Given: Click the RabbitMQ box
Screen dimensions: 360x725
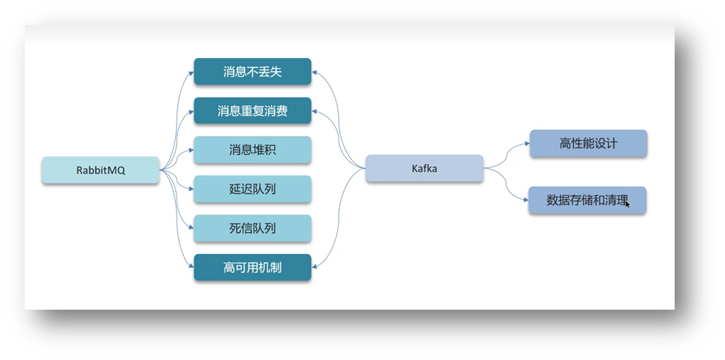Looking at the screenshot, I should [x=101, y=170].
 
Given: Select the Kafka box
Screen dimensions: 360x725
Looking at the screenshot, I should [x=424, y=168].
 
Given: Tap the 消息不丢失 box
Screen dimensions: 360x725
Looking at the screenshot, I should [x=253, y=71].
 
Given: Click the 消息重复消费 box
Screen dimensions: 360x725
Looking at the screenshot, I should [x=253, y=111].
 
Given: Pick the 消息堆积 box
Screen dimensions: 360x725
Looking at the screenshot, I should [x=253, y=150].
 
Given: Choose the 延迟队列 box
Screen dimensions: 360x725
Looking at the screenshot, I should [x=253, y=189].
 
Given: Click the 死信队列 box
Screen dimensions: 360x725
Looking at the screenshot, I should [x=253, y=228].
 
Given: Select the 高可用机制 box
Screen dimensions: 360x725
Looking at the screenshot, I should [x=253, y=268].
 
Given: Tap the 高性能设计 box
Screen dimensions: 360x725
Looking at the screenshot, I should [x=588, y=144].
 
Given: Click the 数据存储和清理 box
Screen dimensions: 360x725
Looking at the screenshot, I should [x=587, y=200].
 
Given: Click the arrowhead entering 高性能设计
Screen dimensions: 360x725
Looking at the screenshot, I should [x=526, y=144].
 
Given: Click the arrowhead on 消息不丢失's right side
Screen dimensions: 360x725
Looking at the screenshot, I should [x=315, y=71].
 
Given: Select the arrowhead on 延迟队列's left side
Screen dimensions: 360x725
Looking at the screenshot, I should [x=190, y=189].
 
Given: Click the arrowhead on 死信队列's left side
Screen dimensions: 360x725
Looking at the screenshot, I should [x=190, y=228].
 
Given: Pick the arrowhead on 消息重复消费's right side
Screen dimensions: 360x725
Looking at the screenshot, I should [x=315, y=111].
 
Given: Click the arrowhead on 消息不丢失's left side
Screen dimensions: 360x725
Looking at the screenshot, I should [x=190, y=71].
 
